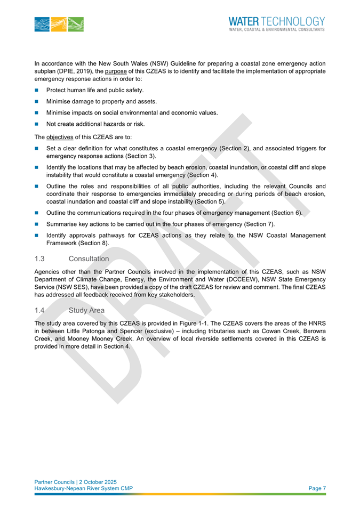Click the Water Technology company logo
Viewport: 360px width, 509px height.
[276, 23]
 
